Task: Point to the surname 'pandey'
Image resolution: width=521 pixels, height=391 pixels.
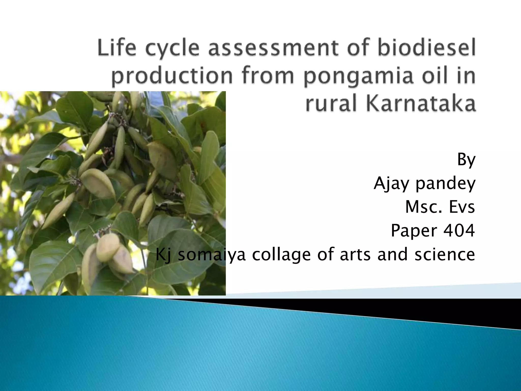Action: [445, 183]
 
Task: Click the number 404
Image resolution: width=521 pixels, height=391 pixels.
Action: [459, 230]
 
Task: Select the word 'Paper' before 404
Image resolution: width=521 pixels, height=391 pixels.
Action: [414, 230]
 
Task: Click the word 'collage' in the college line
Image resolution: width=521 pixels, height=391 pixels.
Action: [281, 254]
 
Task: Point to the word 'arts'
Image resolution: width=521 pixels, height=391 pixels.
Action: [355, 254]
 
